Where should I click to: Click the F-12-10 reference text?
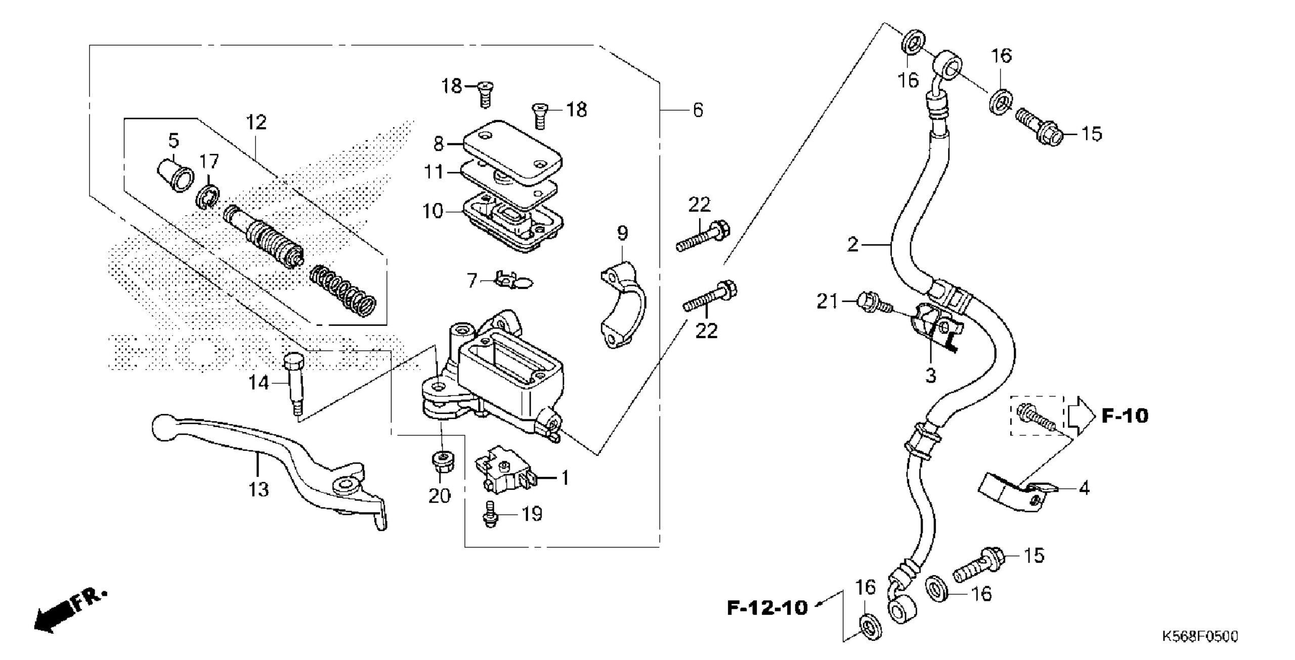(767, 607)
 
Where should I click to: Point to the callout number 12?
(256, 122)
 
